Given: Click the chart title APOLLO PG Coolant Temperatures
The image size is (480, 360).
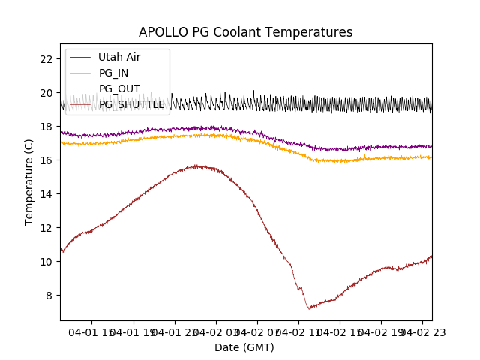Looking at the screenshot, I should point(245,32).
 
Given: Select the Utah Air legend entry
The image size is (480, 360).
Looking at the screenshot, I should point(119,57).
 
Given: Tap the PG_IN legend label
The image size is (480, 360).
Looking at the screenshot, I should point(113,73).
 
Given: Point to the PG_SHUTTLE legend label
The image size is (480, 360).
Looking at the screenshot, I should point(131,104).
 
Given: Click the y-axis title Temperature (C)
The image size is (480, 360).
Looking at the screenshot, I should point(29,181).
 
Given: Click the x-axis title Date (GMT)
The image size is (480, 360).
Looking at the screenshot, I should point(244,347).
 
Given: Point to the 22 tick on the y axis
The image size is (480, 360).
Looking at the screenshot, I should point(46,59).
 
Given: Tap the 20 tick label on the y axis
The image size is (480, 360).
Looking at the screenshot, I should point(46,93).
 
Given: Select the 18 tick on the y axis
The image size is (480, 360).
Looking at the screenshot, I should point(46,127).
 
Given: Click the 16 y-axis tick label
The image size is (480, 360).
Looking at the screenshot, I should point(46,160).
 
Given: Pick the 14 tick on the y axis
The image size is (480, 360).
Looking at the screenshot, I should point(46,194).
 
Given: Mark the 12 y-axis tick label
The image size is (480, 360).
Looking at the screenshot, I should point(46,228).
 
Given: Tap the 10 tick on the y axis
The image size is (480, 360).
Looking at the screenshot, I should point(46,262).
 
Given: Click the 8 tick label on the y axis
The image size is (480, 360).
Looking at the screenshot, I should point(49,295).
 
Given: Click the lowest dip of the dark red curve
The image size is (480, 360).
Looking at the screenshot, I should point(308,308).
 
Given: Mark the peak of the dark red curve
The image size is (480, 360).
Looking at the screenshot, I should point(197,166).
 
